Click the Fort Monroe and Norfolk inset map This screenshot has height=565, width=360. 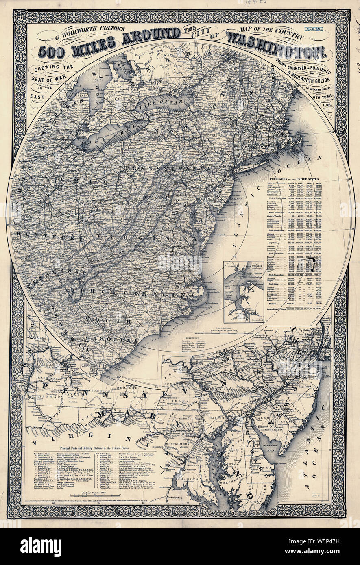(243, 291)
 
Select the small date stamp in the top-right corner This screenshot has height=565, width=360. (318, 30)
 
